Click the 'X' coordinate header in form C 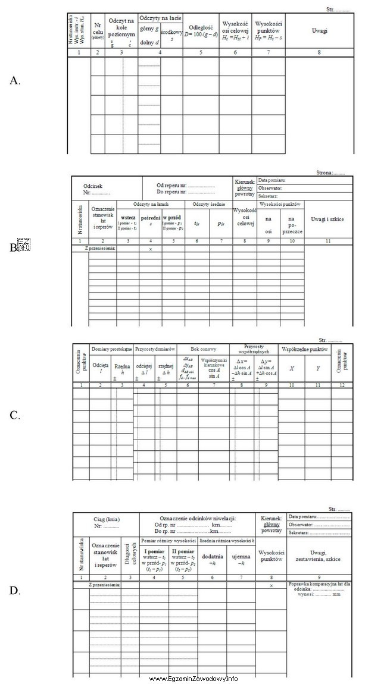[x=292, y=368]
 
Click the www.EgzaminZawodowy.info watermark [x=193, y=678]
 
